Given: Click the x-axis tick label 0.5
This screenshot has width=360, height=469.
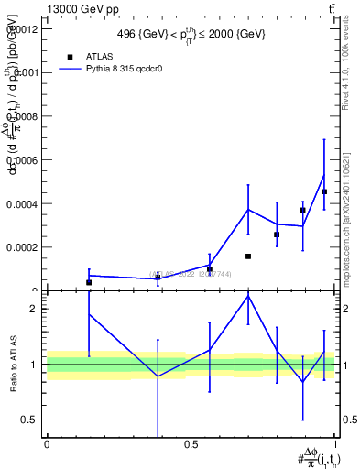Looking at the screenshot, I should pyautogui.click(x=191, y=445).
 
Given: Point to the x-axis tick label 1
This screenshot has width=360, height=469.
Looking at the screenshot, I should pyautogui.click(x=335, y=445).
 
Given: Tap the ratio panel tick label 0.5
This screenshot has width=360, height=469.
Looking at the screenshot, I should pyautogui.click(x=28, y=420).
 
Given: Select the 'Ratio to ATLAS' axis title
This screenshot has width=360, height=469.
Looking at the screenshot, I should pyautogui.click(x=13, y=364).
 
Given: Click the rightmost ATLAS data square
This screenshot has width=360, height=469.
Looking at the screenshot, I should pyautogui.click(x=324, y=191).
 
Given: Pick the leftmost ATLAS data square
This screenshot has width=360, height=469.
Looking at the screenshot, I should pyautogui.click(x=89, y=282).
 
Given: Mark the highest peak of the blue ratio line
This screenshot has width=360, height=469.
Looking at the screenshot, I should pyautogui.click(x=248, y=296).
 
